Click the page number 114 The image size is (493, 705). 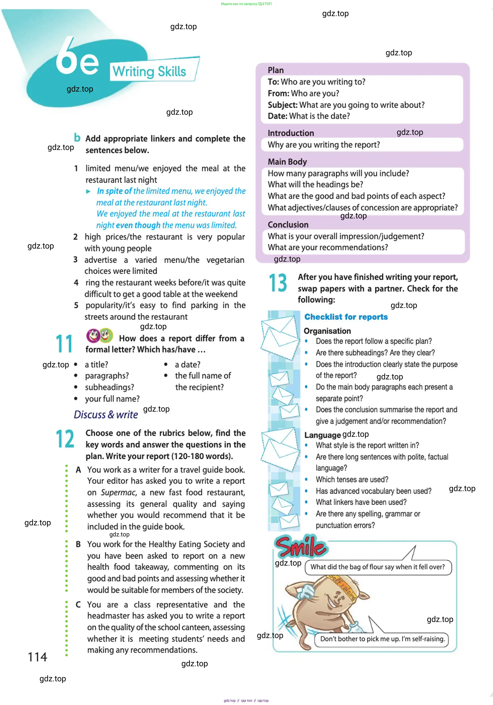37,657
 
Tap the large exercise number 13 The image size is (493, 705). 278,283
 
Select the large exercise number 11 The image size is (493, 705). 64,344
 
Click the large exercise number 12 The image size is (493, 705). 65,439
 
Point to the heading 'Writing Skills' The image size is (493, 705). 149,71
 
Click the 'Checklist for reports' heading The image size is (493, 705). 346,317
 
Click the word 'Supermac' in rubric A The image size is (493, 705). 118,492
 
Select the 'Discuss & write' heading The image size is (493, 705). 106,415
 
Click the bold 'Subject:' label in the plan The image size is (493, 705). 282,105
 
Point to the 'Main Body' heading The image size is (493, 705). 287,162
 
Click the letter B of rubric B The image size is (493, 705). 78,544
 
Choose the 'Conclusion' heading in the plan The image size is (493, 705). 288,225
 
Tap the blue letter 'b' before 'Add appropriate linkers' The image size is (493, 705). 77,138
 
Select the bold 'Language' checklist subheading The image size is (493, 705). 322,435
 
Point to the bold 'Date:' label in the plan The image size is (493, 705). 277,116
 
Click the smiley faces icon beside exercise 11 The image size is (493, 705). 99,335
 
